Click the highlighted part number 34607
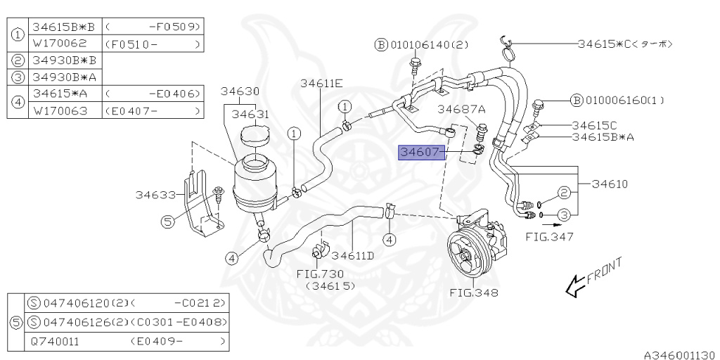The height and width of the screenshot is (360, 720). tap(420, 151)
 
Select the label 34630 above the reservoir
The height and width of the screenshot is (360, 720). tap(240, 91)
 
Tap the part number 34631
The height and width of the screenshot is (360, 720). tap(251, 113)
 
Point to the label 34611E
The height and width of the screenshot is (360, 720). tap(321, 83)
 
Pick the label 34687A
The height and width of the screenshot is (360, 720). tap(461, 109)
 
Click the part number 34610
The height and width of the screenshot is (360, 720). tap(609, 184)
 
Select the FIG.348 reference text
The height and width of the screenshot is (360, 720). tap(475, 292)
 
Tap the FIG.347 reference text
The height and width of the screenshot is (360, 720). tap(550, 237)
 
